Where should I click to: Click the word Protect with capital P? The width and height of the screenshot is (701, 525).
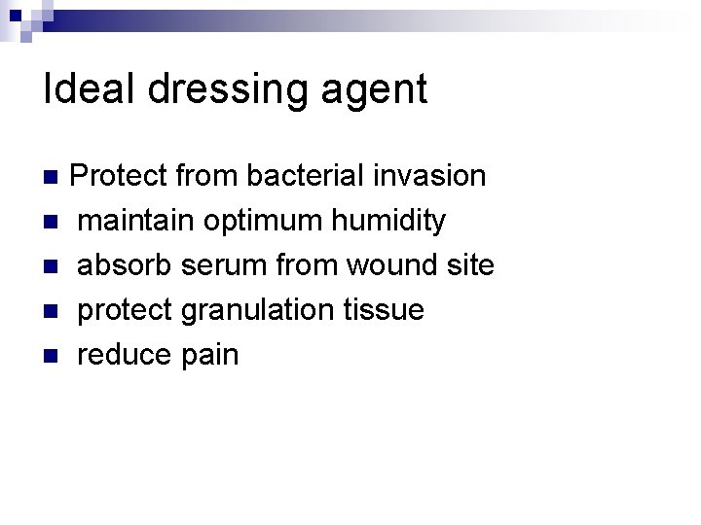[120, 176]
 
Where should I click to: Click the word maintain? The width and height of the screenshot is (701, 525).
[136, 221]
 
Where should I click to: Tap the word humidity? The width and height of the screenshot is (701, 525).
[388, 221]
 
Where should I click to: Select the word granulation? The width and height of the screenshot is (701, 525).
[256, 311]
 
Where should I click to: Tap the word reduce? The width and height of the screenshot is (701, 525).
[125, 355]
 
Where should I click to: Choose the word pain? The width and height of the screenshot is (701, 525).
[210, 356]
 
